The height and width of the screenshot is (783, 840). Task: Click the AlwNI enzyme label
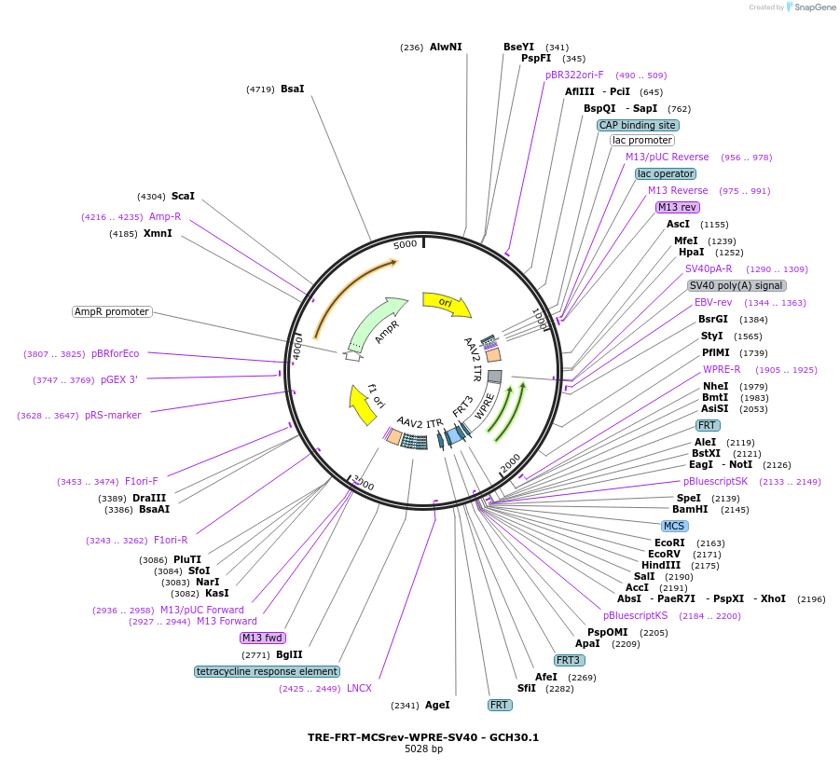[446, 47]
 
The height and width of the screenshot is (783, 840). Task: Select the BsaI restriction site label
[292, 89]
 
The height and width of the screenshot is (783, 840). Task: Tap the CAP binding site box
[638, 125]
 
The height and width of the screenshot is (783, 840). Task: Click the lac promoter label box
[642, 140]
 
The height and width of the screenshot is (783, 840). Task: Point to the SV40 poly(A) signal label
[737, 285]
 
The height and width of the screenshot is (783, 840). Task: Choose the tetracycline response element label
[267, 671]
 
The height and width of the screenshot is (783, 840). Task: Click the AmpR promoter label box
[112, 311]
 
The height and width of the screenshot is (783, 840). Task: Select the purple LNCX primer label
[359, 688]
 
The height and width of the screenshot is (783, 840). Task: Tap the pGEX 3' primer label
[119, 379]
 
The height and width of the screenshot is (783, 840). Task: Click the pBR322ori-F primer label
[574, 75]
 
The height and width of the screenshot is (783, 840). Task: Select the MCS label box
[674, 526]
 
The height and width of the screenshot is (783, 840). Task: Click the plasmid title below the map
[423, 737]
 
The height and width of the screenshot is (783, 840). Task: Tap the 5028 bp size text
[423, 749]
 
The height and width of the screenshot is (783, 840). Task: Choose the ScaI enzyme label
[183, 196]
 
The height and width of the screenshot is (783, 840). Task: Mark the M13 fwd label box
[262, 638]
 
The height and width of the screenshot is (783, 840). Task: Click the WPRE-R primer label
[722, 369]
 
